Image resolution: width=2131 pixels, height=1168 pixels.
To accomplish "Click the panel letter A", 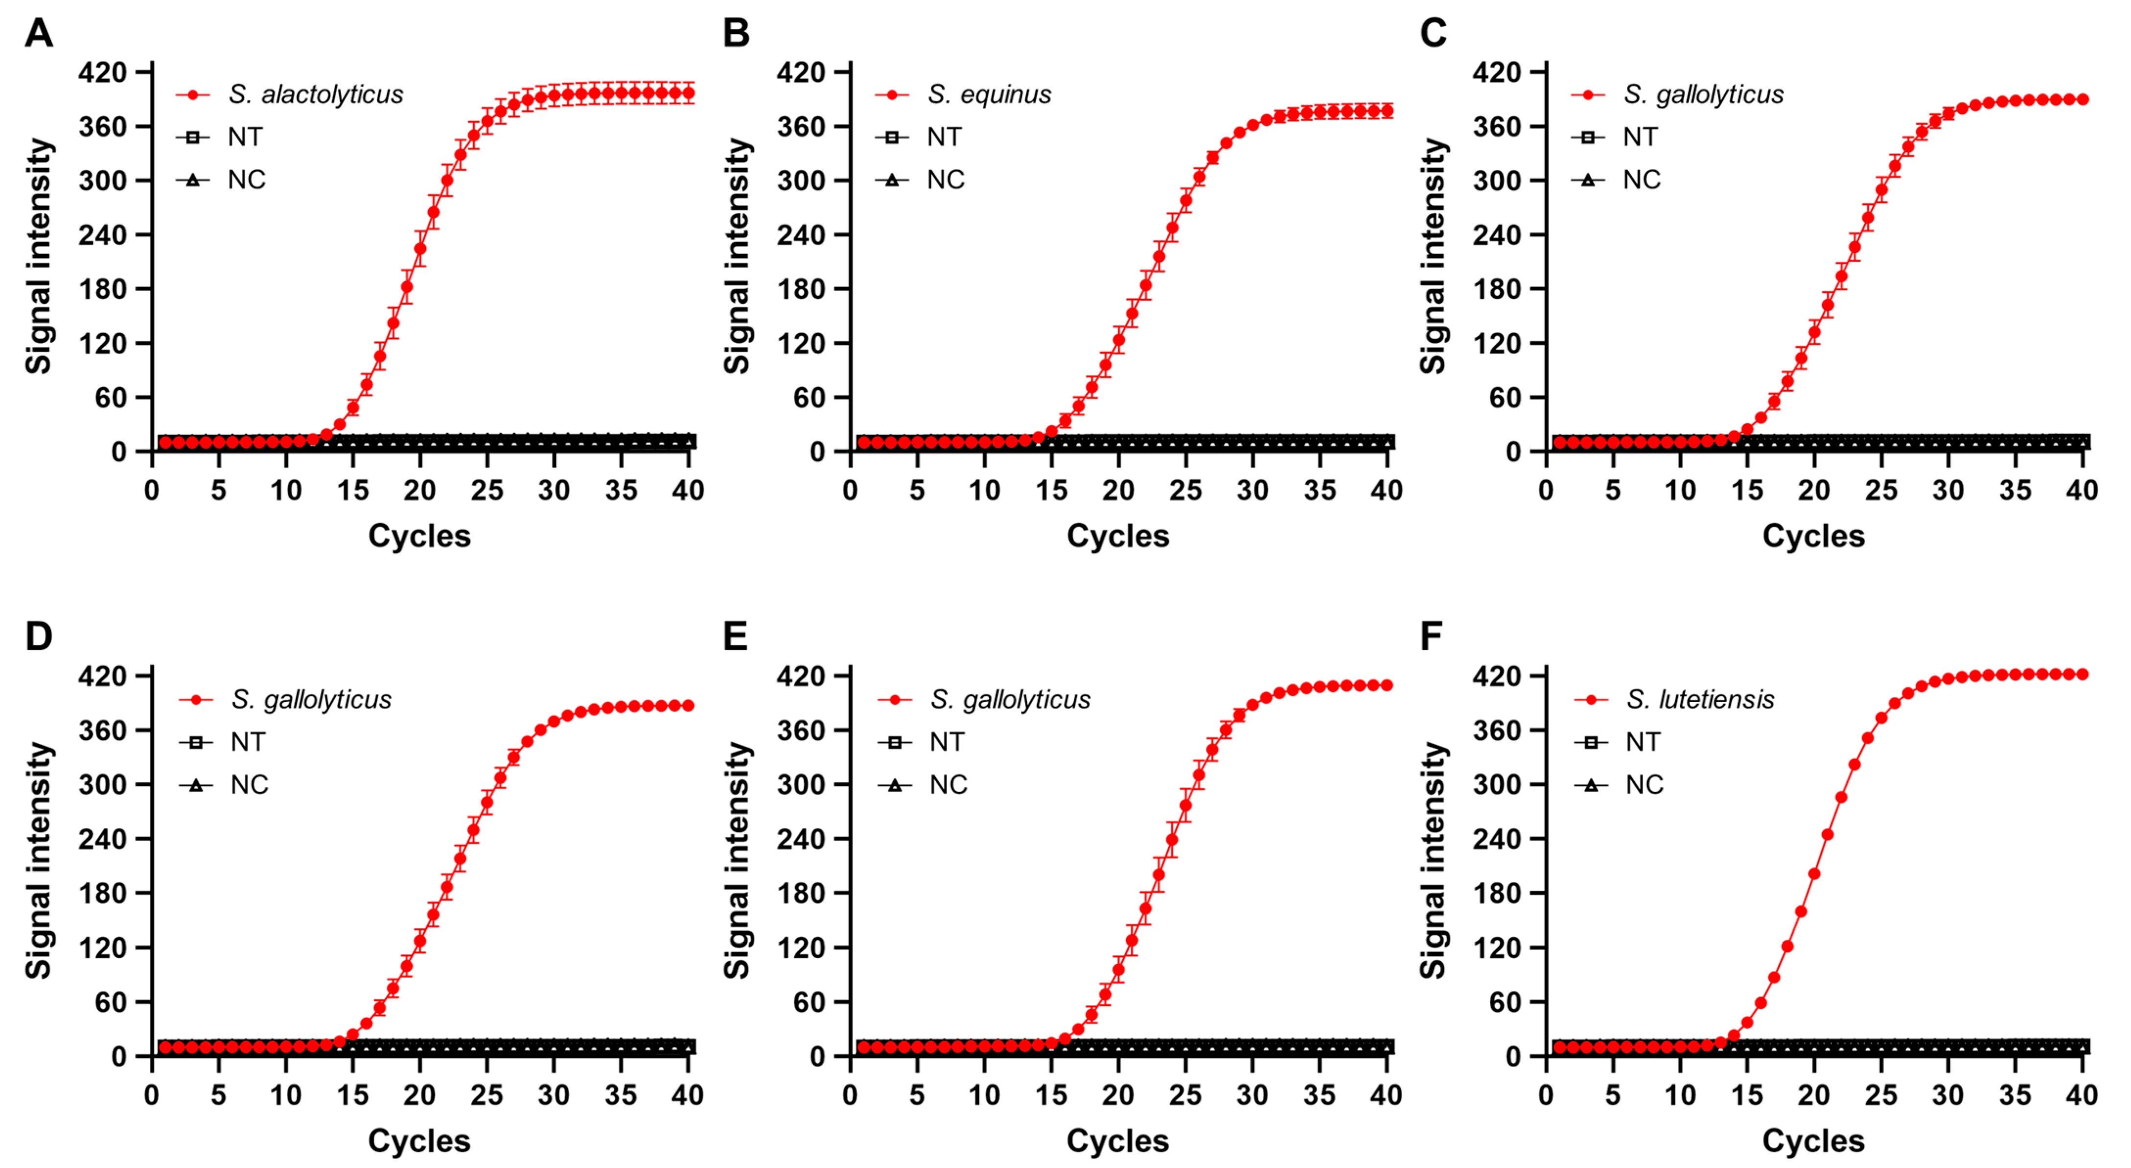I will tap(38, 34).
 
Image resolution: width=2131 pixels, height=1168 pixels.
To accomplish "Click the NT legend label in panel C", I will tap(1640, 137).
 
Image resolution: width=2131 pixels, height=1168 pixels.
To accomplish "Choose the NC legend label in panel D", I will tap(249, 785).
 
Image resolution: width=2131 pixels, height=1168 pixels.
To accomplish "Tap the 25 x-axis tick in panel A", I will tap(486, 490).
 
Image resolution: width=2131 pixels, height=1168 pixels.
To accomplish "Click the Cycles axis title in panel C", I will tap(1813, 536).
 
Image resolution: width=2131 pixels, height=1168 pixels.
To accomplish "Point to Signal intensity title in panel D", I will tap(39, 860).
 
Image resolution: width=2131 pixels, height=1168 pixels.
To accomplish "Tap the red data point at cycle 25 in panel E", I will tap(1185, 805).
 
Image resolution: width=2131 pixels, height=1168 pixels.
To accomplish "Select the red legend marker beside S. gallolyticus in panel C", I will tap(1588, 95).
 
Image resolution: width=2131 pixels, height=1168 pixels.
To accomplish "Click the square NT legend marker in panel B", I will tap(892, 137).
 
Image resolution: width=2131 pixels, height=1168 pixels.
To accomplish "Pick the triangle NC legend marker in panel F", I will tap(1591, 785).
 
